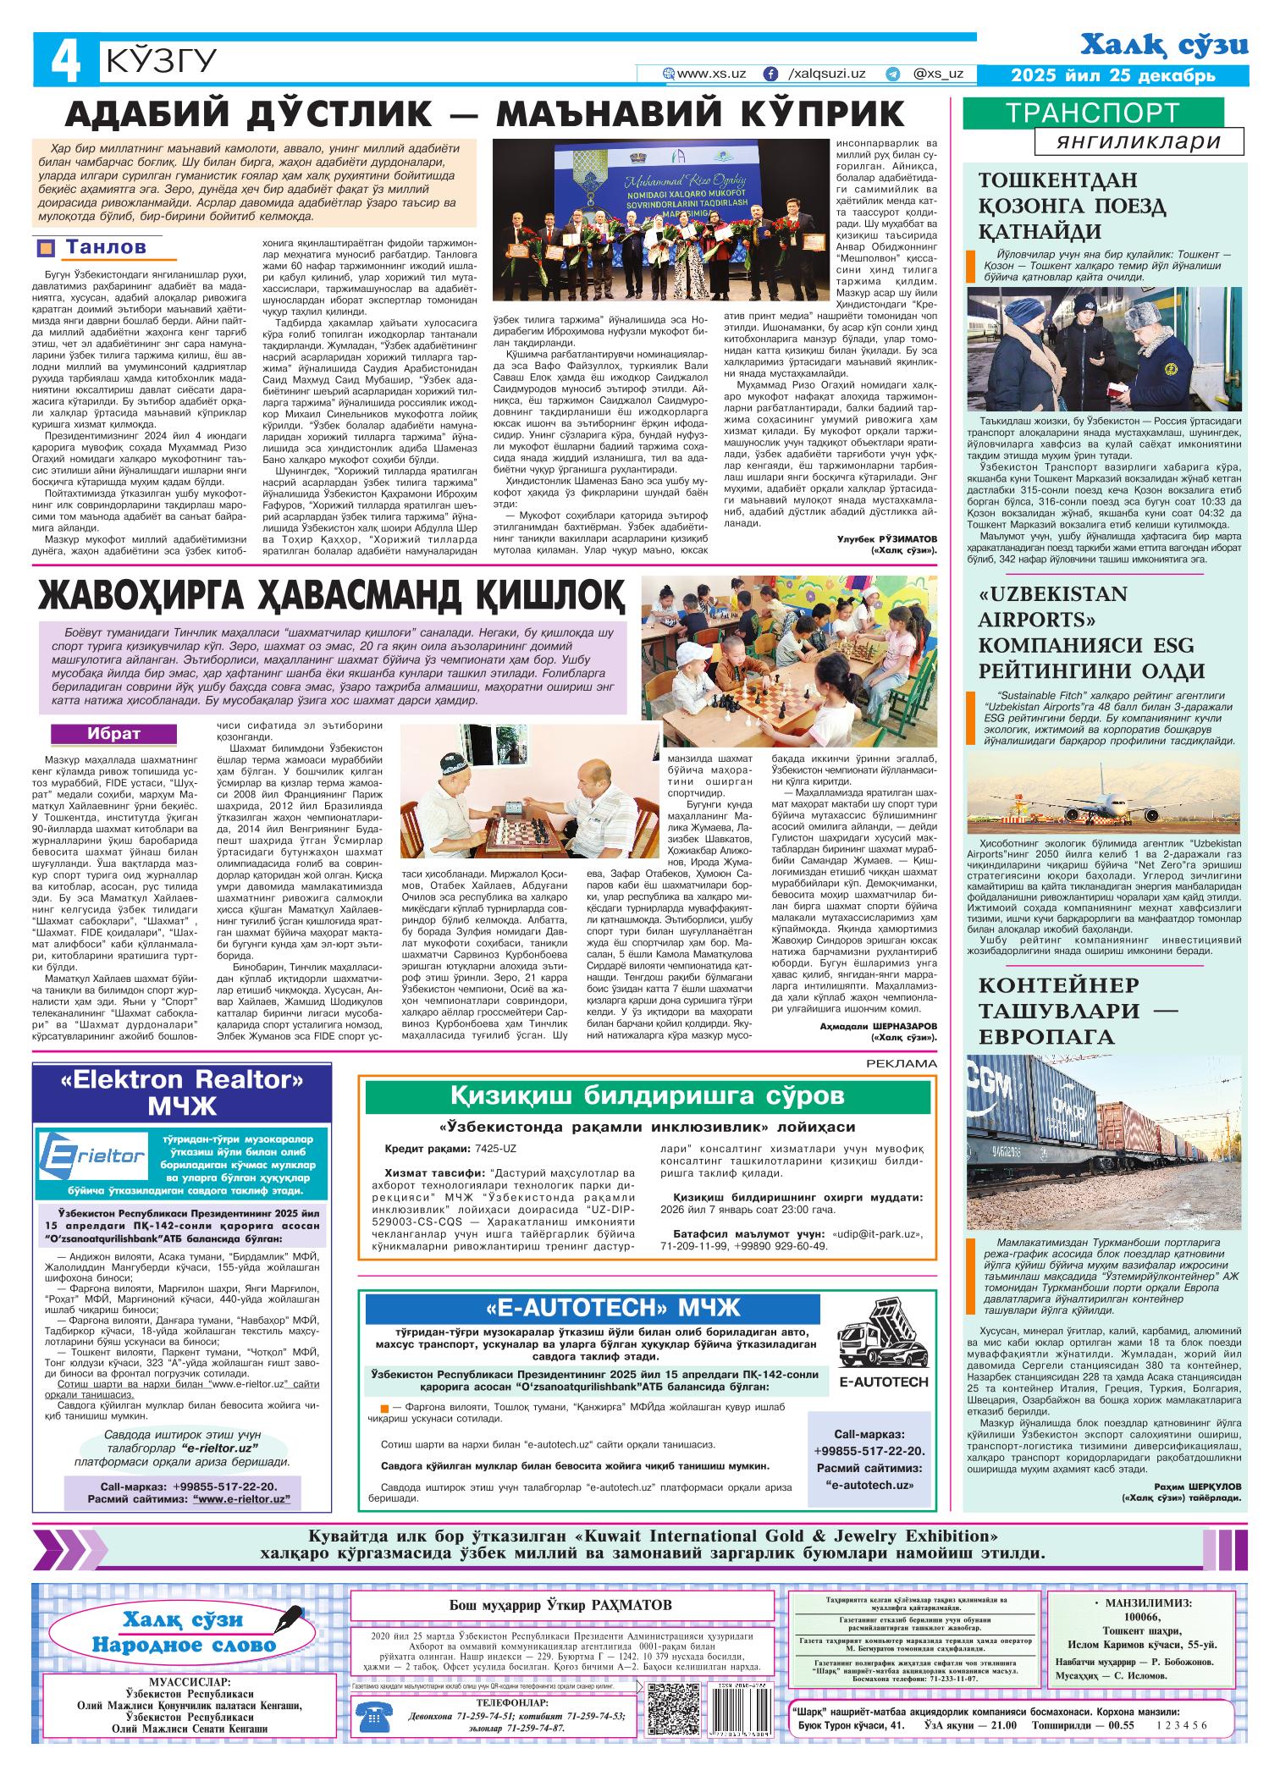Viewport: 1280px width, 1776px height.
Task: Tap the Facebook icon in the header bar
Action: [771, 74]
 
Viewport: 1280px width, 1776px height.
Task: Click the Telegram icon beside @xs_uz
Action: [892, 74]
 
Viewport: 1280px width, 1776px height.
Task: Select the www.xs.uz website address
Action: [710, 74]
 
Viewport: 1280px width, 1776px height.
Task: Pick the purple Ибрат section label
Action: [114, 733]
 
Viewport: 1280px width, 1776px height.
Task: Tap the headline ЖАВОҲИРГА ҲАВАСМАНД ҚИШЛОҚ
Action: [331, 596]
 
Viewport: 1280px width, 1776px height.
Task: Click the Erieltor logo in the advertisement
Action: [95, 1156]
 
